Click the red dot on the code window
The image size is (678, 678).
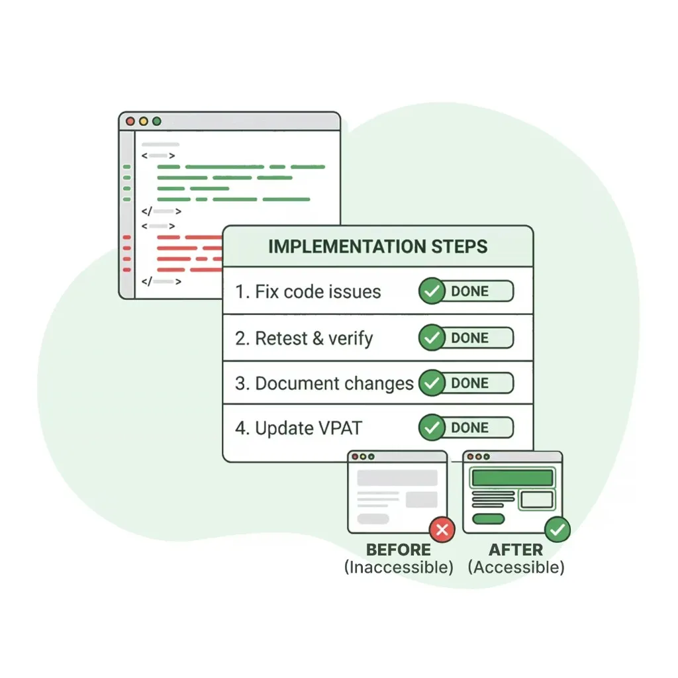[x=130, y=122]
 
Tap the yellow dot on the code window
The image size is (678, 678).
[x=143, y=122]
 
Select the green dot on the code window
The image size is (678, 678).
[x=156, y=122]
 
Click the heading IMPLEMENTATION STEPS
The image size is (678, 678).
[x=377, y=247]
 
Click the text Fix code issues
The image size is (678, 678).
[x=318, y=292]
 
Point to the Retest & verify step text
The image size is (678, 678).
[x=314, y=338]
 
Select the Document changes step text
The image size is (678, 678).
[x=334, y=383]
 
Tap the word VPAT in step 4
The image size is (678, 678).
[x=336, y=428]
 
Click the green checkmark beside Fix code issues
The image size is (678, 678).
[x=432, y=292]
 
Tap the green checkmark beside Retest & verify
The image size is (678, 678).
[x=432, y=338]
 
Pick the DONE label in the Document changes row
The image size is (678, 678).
[x=470, y=383]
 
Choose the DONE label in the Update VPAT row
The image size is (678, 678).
[x=470, y=428]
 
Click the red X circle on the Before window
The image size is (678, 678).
[x=442, y=530]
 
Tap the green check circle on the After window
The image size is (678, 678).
[x=557, y=530]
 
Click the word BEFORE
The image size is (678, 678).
[x=399, y=550]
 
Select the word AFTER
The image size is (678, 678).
[x=516, y=550]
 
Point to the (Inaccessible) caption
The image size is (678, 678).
[x=399, y=567]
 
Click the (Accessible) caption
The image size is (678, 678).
[x=516, y=567]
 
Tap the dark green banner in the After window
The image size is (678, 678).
[x=512, y=477]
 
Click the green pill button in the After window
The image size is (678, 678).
[x=489, y=518]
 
